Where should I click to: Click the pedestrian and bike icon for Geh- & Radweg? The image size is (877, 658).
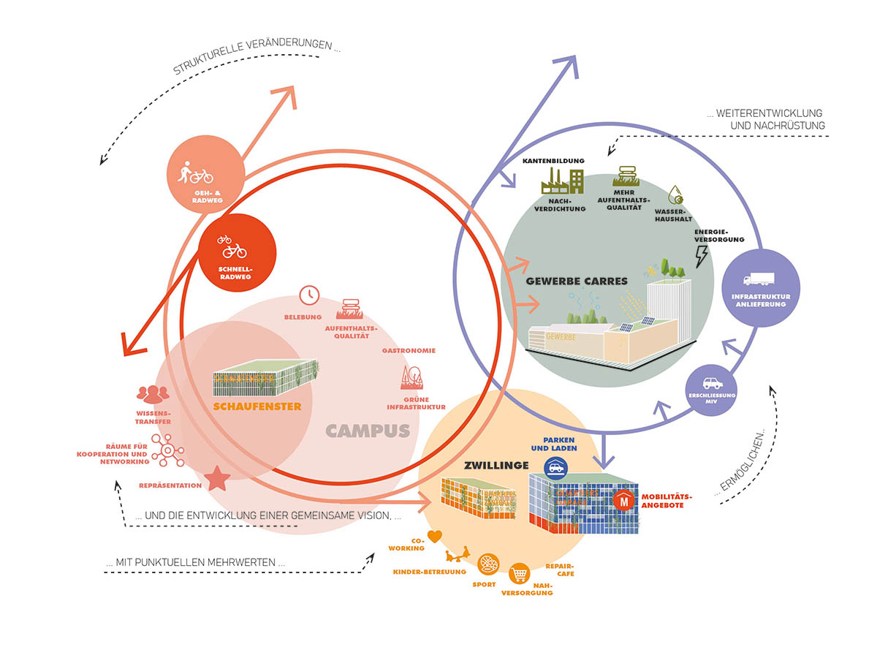[195, 174]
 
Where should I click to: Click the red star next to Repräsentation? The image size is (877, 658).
[218, 480]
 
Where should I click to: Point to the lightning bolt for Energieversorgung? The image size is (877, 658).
[702, 254]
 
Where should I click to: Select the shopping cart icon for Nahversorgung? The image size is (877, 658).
[519, 572]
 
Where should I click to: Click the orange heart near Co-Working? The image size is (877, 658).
[435, 537]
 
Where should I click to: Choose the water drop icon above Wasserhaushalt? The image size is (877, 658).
[676, 195]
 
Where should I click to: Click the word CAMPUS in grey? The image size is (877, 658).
[367, 431]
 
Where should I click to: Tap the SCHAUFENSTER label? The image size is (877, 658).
[257, 406]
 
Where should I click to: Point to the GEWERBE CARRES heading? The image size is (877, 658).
[577, 281]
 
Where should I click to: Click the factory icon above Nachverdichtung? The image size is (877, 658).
[561, 181]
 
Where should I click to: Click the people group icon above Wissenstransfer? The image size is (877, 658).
[153, 394]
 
